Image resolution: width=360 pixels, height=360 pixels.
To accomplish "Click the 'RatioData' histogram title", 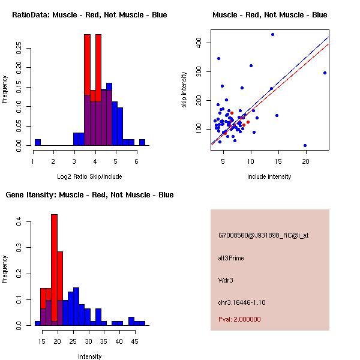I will click(89, 14).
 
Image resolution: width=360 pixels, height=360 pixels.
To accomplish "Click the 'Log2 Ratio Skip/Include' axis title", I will click(89, 176).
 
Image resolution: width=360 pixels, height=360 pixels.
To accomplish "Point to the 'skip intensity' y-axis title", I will click(184, 90).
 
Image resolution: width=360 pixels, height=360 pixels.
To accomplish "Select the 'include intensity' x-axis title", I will click(269, 176).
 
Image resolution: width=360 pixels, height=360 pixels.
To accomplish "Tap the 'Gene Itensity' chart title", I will click(89, 195).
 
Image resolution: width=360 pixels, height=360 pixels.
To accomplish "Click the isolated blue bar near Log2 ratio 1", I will click(37, 142).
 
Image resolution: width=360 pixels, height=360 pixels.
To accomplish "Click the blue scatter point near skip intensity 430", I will click(272, 34).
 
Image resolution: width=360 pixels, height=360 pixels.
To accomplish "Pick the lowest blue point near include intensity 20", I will click(305, 145).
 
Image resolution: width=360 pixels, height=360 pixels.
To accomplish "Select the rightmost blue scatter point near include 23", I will click(325, 73).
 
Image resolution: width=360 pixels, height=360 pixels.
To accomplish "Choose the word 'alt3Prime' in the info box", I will click(231, 258).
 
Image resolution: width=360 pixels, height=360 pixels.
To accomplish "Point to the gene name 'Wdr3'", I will click(226, 280).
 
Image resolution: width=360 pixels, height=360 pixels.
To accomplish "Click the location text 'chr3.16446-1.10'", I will click(241, 301).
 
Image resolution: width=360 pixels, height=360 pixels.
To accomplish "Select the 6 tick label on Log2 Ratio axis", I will click(137, 161).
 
